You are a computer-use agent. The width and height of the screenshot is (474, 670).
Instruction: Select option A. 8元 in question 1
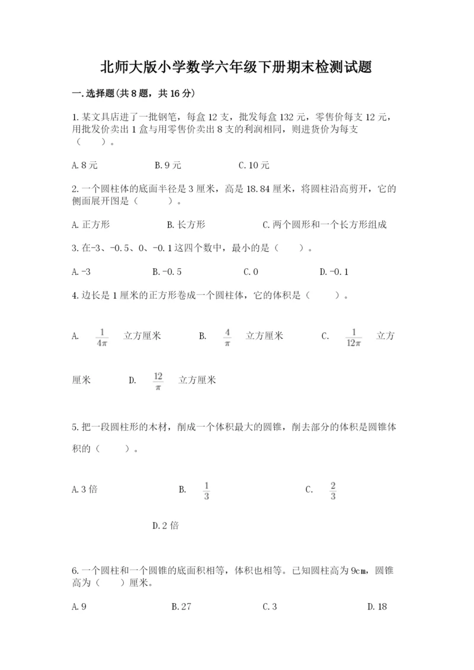pyautogui.click(x=82, y=165)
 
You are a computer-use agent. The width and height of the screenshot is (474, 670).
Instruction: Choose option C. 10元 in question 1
pyautogui.click(x=254, y=165)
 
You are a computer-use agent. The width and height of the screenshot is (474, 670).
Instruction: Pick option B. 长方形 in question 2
pyautogui.click(x=186, y=225)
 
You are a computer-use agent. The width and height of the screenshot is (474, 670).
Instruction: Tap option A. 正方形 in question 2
pyautogui.click(x=90, y=225)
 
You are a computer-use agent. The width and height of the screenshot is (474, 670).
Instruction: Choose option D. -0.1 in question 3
pyautogui.click(x=334, y=272)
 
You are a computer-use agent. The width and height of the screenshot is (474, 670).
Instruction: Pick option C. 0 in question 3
pyautogui.click(x=251, y=272)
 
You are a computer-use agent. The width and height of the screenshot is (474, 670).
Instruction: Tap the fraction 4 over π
pyautogui.click(x=228, y=336)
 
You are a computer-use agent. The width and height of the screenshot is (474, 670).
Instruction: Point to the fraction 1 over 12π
pyautogui.click(x=353, y=336)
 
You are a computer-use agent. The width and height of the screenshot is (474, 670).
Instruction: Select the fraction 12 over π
pyautogui.click(x=158, y=380)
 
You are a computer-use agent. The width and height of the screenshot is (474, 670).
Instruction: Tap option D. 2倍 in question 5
pyautogui.click(x=165, y=525)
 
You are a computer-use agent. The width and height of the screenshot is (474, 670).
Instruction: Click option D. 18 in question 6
pyautogui.click(x=377, y=606)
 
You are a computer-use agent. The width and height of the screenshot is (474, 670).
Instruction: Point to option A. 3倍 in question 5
pyautogui.click(x=84, y=489)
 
